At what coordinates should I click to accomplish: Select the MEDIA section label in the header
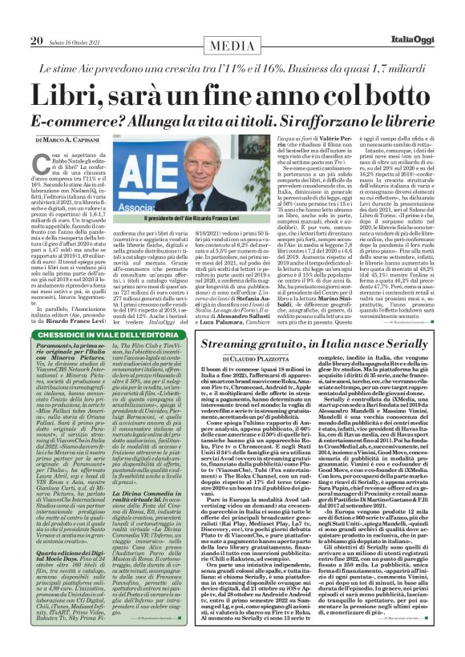pos(232,18)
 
